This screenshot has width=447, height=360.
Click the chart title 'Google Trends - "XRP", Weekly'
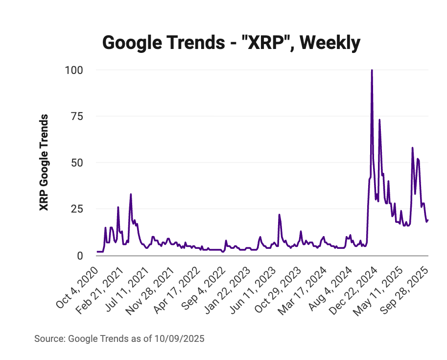pos(231,43)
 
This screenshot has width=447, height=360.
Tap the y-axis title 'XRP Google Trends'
pos(44,162)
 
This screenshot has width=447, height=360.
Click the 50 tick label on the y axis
pos(77,163)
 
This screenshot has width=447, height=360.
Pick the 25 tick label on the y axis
pos(77,209)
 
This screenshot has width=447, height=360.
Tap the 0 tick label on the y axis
pos(80,255)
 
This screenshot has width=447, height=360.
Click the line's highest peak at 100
pos(372,70)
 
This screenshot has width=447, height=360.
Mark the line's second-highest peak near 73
pos(379,120)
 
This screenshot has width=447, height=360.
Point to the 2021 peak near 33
pos(131,194)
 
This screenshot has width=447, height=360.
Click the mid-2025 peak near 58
pos(412,147)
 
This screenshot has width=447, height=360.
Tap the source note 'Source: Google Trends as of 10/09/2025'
pos(119,338)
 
